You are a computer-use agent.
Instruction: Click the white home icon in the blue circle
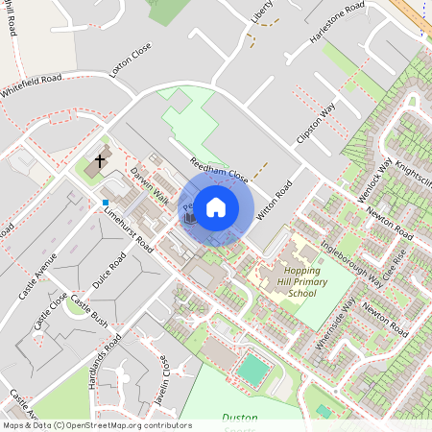pos(216,206)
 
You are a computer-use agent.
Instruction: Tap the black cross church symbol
pos(101,162)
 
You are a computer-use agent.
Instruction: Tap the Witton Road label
pos(275,204)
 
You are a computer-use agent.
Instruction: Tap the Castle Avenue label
pos(43,274)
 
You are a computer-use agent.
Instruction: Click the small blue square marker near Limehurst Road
pos(105,202)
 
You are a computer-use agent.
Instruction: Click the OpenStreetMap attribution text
pos(96,425)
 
